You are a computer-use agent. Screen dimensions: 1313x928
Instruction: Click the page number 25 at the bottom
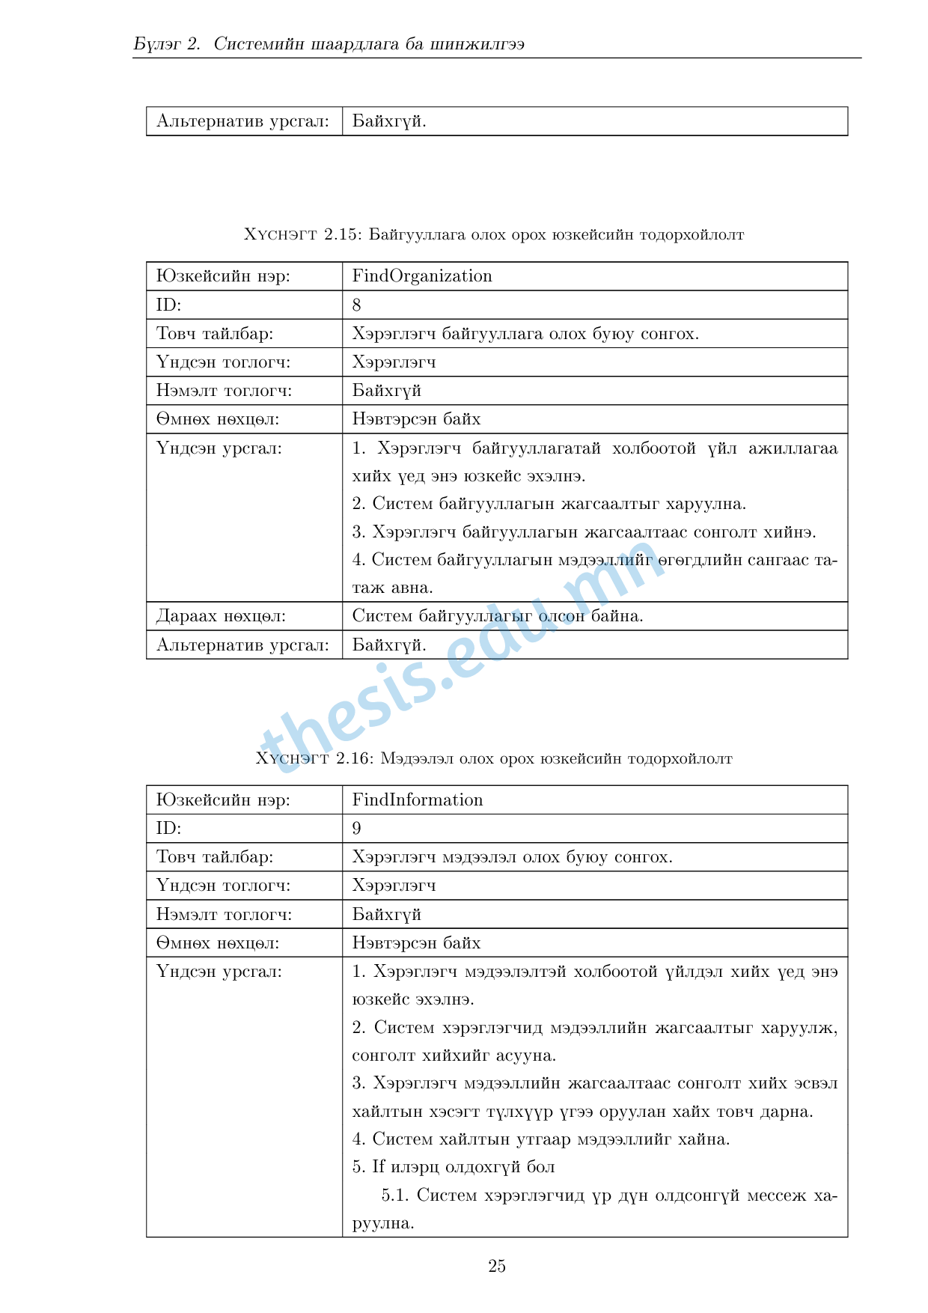point(497,1267)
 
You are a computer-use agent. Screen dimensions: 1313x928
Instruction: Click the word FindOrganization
point(422,276)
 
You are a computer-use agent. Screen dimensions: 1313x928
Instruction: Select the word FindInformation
point(418,800)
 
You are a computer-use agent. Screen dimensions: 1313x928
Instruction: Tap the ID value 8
point(357,305)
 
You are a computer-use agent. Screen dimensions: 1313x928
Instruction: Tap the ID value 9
point(357,829)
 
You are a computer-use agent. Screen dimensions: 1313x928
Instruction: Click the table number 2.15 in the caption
point(343,235)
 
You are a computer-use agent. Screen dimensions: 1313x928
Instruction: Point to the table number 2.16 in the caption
point(354,759)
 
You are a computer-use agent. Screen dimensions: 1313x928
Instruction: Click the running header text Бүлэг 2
point(168,44)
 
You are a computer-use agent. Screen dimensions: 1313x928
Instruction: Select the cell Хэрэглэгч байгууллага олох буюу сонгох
point(525,334)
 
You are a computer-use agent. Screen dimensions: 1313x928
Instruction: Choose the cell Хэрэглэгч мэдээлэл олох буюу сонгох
point(513,857)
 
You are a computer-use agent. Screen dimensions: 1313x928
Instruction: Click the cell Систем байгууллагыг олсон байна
point(498,616)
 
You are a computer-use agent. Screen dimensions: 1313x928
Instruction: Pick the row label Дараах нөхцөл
point(221,616)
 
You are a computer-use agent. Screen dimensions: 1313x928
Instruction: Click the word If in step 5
point(379,1167)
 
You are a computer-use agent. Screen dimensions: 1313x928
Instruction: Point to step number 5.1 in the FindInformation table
point(394,1195)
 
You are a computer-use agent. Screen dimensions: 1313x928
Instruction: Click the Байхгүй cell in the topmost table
point(389,121)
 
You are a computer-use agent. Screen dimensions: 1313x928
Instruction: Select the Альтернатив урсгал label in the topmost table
point(242,121)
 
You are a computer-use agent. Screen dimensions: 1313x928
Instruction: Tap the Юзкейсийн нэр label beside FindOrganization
point(223,276)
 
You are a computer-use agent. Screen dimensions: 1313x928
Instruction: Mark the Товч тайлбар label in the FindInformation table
point(215,857)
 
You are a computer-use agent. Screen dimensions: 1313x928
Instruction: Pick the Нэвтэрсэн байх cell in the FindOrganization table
point(417,419)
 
